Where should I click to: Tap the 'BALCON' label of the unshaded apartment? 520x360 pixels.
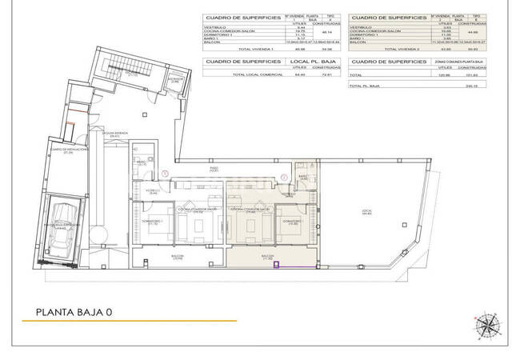pos(177,258)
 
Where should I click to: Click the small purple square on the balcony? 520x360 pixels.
pos(275,266)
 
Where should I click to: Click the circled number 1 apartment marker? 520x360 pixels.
pos(165,174)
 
